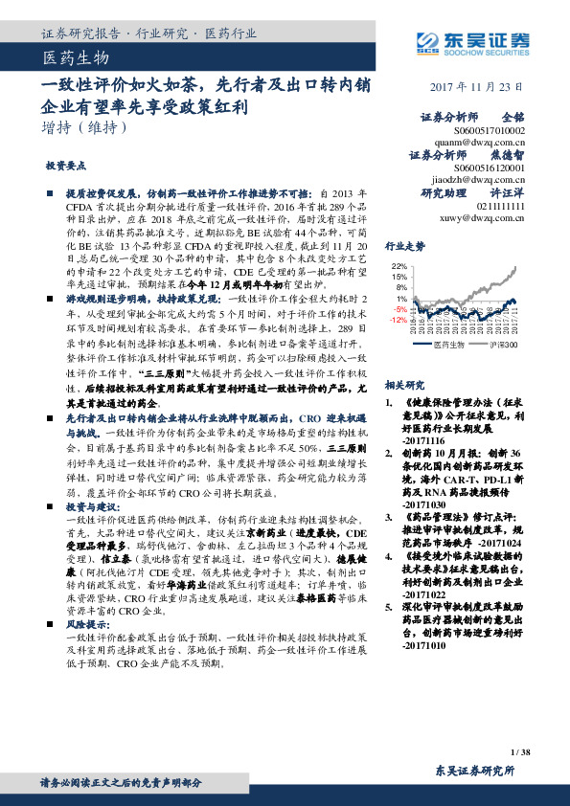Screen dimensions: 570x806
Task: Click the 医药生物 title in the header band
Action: point(71,59)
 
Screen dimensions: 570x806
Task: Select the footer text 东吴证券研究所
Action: point(475,771)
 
